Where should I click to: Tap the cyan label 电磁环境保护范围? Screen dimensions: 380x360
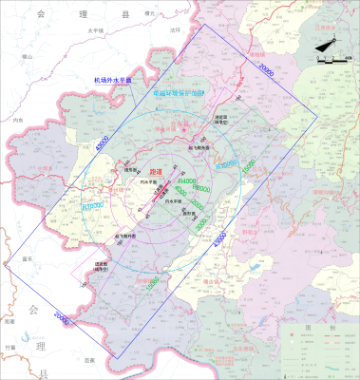pos(184,94)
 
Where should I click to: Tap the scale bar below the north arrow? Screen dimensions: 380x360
pos(330,60)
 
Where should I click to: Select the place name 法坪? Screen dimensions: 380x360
pos(174,30)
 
